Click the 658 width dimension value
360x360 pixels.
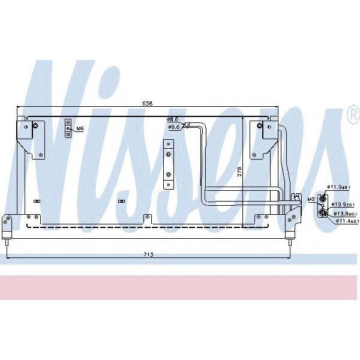147,104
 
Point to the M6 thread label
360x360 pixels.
80,128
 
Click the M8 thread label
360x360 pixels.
311,199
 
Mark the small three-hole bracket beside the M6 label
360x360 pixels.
68,128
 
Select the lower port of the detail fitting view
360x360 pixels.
323,211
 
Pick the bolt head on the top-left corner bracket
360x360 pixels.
35,125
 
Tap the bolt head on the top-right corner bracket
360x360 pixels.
260,125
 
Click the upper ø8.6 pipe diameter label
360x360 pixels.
174,120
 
